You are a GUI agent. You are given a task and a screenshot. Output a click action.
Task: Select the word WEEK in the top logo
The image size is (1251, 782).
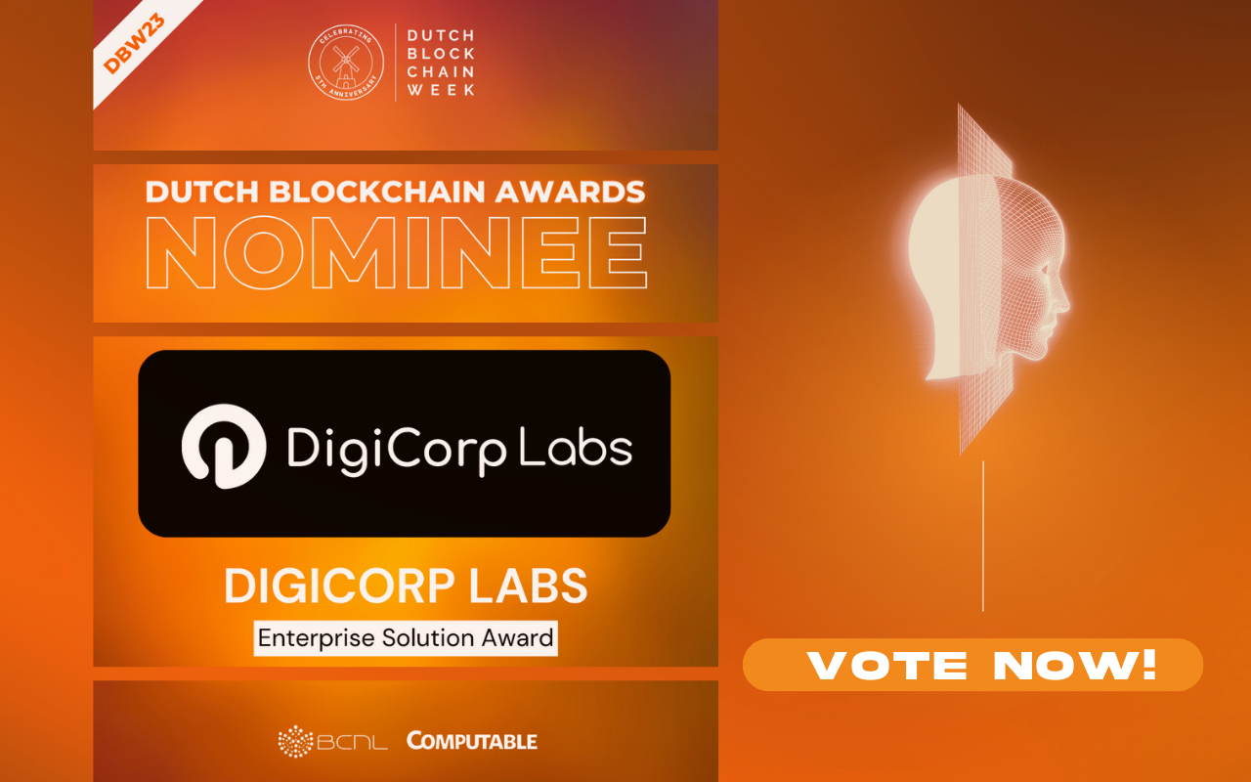(441, 90)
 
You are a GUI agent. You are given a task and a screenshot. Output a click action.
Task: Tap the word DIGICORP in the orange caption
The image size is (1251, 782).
(336, 586)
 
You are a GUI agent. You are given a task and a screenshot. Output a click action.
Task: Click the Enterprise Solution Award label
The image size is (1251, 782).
(406, 639)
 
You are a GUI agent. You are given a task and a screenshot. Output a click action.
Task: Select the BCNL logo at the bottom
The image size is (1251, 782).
(332, 741)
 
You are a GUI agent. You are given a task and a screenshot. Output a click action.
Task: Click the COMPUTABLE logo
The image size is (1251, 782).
(472, 741)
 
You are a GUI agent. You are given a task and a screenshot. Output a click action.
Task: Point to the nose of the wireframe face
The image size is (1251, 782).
(1064, 293)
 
